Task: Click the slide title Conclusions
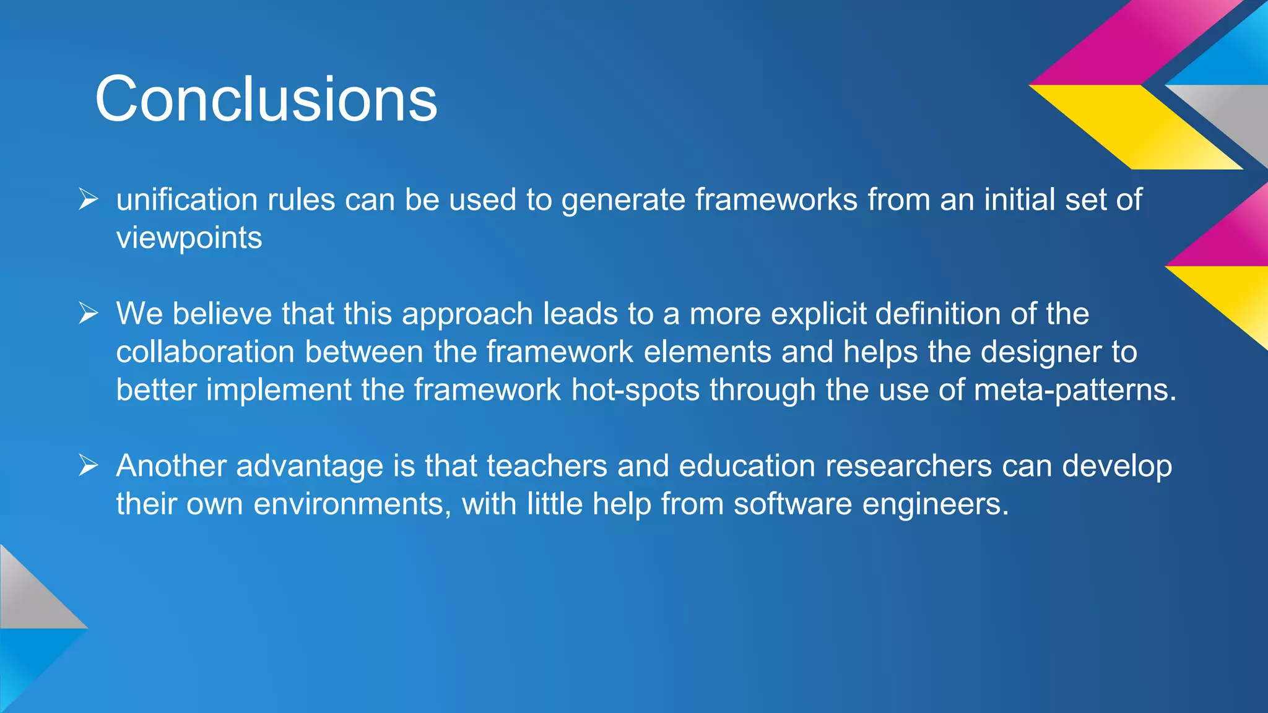coord(266,99)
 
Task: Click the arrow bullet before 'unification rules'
coord(89,199)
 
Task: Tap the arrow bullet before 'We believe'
coord(89,313)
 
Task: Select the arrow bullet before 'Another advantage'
coord(89,465)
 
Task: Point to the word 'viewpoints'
coord(189,238)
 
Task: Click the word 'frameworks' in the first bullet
coord(776,200)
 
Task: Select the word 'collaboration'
coord(205,352)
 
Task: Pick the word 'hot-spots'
coord(635,391)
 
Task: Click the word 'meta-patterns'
coord(1074,391)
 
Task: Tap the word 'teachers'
coord(547,466)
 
